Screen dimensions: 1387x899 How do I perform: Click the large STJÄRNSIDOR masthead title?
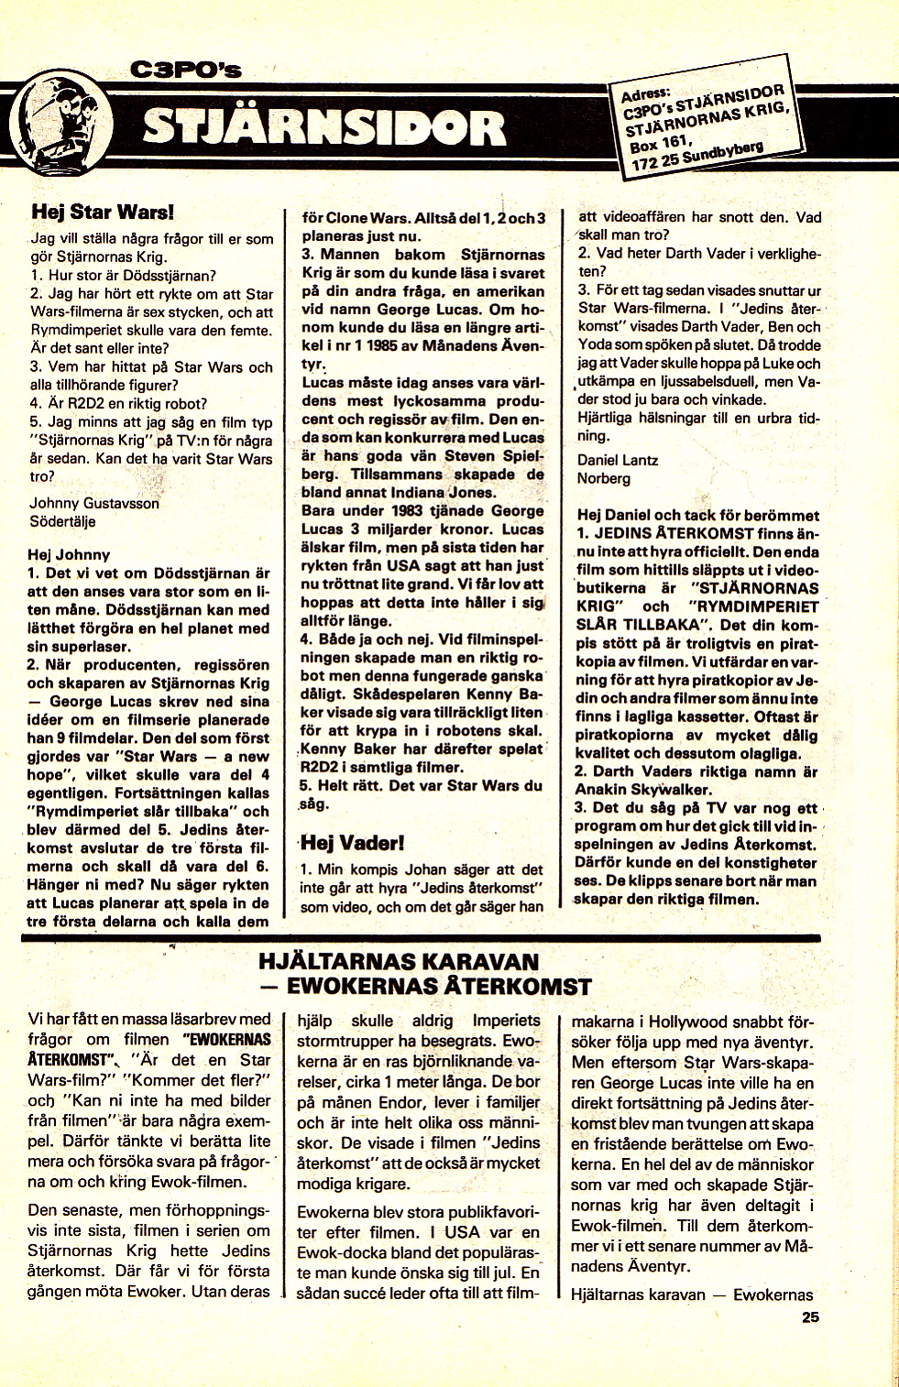click(323, 127)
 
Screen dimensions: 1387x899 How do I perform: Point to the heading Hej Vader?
click(352, 842)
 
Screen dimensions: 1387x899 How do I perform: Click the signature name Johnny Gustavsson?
click(94, 503)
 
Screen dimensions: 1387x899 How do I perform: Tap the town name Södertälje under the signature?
click(63, 521)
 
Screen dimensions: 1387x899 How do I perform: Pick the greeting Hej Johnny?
click(69, 554)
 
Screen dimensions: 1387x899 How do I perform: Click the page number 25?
click(809, 1318)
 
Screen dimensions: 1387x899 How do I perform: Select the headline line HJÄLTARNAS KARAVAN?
click(399, 962)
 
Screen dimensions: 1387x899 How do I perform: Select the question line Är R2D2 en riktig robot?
click(118, 403)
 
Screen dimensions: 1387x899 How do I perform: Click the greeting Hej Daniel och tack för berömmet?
click(697, 515)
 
